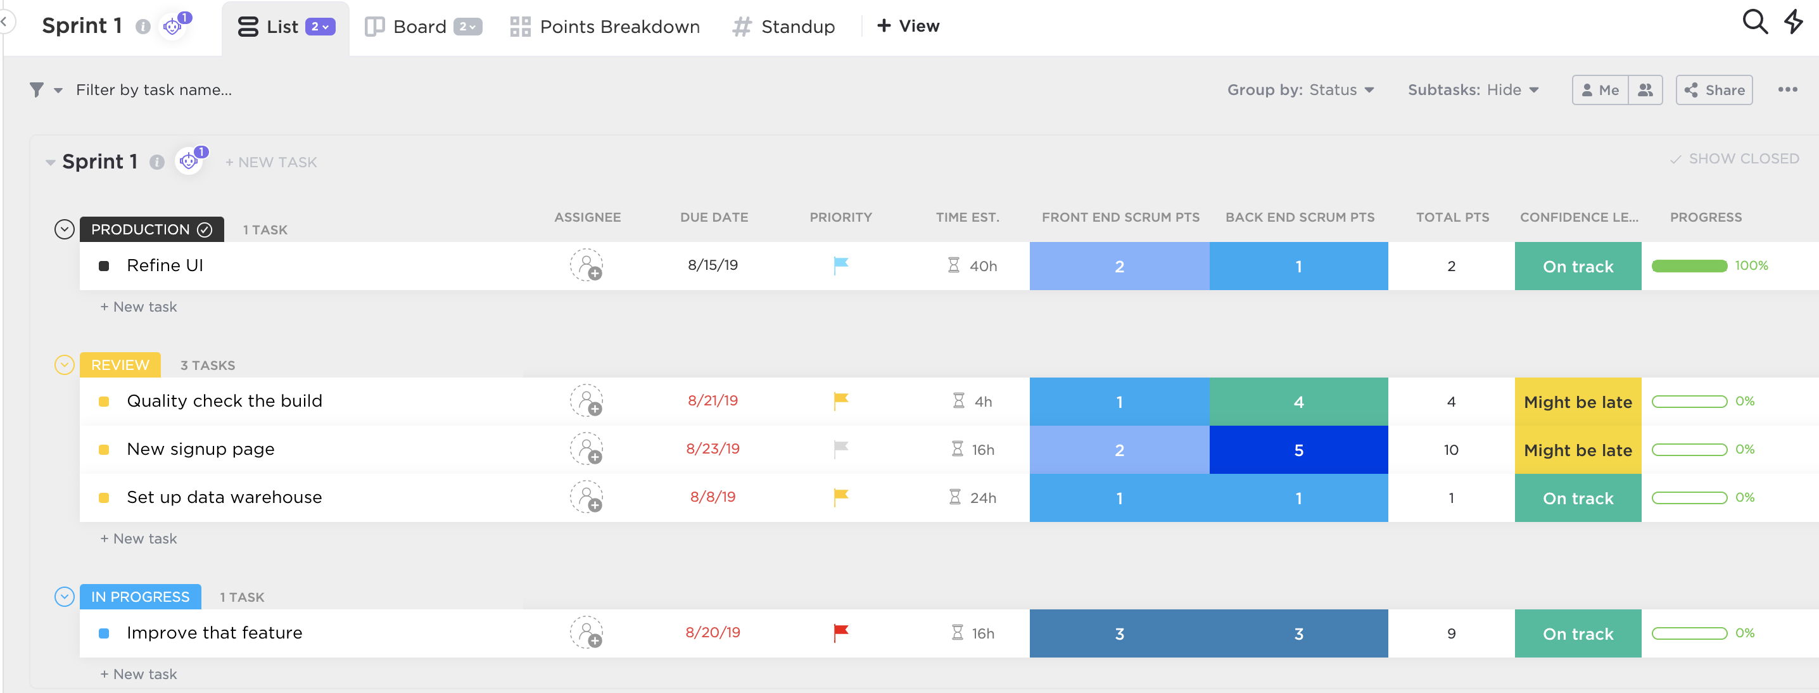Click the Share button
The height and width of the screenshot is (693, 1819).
coord(1714,90)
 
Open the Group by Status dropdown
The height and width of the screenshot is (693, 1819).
coord(1300,90)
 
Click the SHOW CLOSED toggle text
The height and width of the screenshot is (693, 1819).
coord(1743,159)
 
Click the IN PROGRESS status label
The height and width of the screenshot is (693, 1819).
coord(140,597)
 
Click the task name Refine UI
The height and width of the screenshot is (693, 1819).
coord(165,265)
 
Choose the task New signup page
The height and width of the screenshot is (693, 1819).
coord(201,449)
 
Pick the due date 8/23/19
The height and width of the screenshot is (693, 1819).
coord(713,449)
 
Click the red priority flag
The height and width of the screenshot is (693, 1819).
coord(840,632)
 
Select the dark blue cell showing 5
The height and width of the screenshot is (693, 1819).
coord(1298,450)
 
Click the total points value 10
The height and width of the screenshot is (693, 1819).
coord(1450,450)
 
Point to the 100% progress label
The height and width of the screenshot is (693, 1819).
coord(1751,265)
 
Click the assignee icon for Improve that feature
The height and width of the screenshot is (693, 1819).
coord(586,632)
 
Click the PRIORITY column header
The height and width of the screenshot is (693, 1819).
coord(840,217)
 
